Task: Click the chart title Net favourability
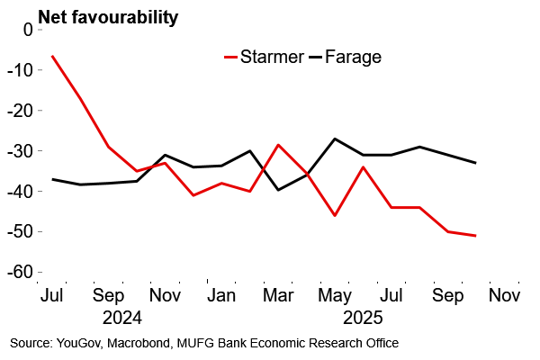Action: click(107, 16)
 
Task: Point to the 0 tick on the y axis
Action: click(26, 29)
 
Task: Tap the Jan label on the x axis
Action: click(221, 294)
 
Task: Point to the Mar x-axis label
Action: click(278, 294)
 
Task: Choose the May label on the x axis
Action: click(335, 294)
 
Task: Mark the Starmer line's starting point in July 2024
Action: click(53, 56)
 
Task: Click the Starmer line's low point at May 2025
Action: click(335, 215)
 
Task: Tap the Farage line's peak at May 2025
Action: click(335, 139)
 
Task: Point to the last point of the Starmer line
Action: click(475, 236)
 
